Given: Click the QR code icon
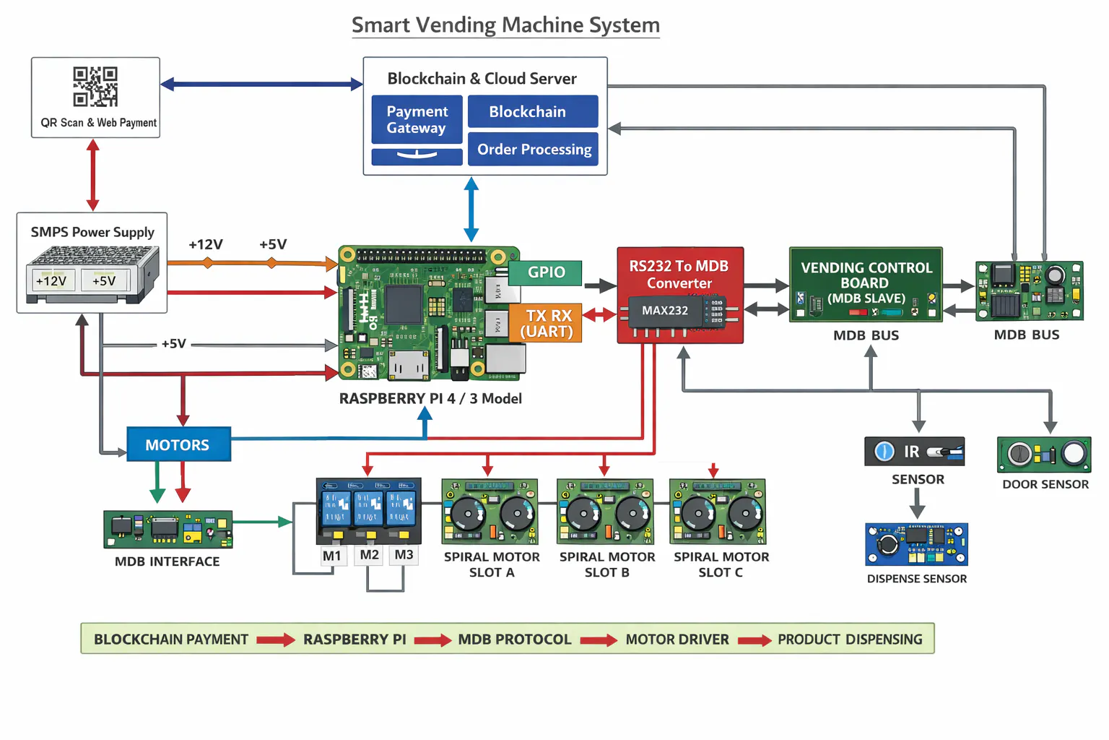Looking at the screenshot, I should pos(95,87).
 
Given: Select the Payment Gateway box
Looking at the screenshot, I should pos(417,120).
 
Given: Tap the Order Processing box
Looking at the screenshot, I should pos(534,149).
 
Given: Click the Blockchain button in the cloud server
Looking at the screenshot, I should pos(533,111).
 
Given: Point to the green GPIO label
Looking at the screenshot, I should pos(545,272).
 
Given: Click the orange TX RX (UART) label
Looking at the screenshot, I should pos(547,323).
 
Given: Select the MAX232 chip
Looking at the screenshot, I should pos(666,311).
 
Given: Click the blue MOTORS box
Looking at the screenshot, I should pos(178,444).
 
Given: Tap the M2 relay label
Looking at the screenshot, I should pos(370,555).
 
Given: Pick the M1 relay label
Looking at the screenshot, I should pos(332,556).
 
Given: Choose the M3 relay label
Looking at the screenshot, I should pos(404,555).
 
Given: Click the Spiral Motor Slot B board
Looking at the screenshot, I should pos(605,512).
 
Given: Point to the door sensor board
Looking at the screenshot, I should pos(1044,455).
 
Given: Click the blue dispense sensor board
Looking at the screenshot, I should pos(916,544).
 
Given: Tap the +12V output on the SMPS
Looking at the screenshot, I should pos(52,280).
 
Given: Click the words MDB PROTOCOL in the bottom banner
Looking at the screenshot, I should pos(515,640).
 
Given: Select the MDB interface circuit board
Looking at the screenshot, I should pos(168,529).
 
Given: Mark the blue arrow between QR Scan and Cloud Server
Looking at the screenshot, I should pos(261,85).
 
